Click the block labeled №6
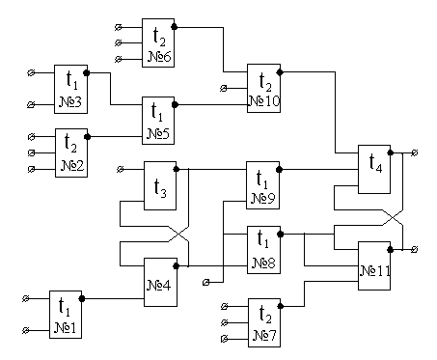point(158,42)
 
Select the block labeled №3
point(70,89)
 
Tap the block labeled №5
point(158,121)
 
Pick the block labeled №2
point(71,152)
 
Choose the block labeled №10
point(263,88)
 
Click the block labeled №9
point(262,185)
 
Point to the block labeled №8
point(263,250)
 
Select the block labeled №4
point(160,282)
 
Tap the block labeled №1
point(66,315)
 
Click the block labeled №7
point(264,322)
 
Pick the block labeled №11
point(374,265)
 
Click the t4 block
point(374,169)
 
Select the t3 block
point(160,185)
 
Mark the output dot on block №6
point(175,27)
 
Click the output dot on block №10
point(280,72)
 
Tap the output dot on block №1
point(82,298)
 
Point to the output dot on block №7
point(281,306)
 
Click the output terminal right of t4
point(415,152)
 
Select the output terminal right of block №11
point(415,249)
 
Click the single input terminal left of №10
point(224,88)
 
